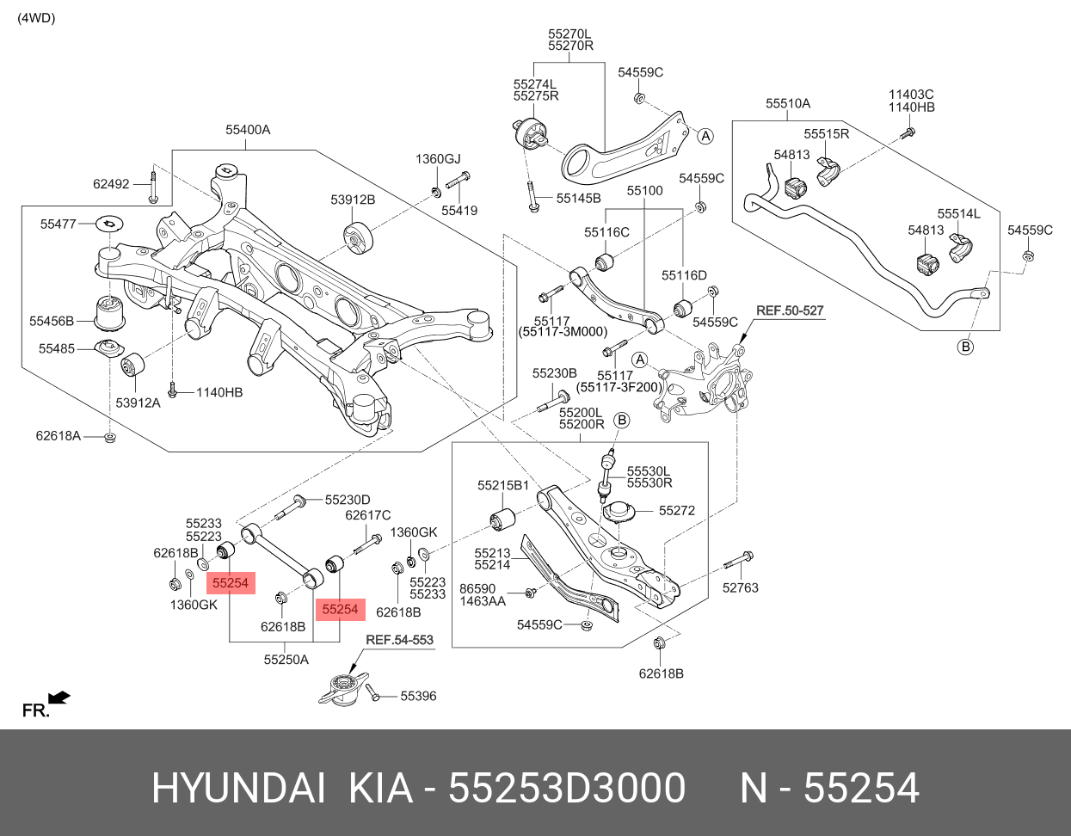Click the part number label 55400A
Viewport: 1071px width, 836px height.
coord(248,130)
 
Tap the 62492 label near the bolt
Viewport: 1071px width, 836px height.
coord(111,184)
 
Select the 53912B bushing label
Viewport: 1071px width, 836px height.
coord(353,200)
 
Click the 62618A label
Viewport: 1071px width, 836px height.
coord(58,436)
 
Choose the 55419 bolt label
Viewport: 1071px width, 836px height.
coord(459,210)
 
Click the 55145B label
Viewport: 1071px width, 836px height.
coord(578,199)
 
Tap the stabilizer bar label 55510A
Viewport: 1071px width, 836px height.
coord(788,103)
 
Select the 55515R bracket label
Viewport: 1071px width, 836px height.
coord(827,134)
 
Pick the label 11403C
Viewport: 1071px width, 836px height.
coord(911,95)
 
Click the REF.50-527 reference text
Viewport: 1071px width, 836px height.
coord(790,310)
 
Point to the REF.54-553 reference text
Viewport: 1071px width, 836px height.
coord(399,640)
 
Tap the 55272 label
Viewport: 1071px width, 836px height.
coord(677,510)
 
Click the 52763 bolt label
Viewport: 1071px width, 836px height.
coord(741,587)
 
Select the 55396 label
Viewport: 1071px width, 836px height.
coord(418,696)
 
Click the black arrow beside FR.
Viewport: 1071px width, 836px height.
coord(60,697)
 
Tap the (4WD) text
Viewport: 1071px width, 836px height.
coord(36,18)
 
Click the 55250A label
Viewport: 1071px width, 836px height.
coord(286,660)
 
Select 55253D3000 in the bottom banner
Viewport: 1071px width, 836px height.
coord(568,788)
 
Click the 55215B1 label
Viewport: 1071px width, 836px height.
coord(503,486)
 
